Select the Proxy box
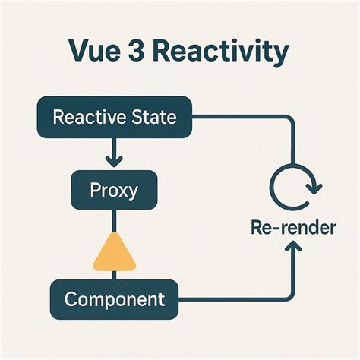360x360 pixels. [113, 190]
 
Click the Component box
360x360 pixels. [114, 298]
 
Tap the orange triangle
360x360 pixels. [113, 254]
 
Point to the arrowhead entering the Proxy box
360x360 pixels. [113, 162]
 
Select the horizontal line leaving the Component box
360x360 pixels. [235, 298]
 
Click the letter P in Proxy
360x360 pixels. [93, 190]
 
